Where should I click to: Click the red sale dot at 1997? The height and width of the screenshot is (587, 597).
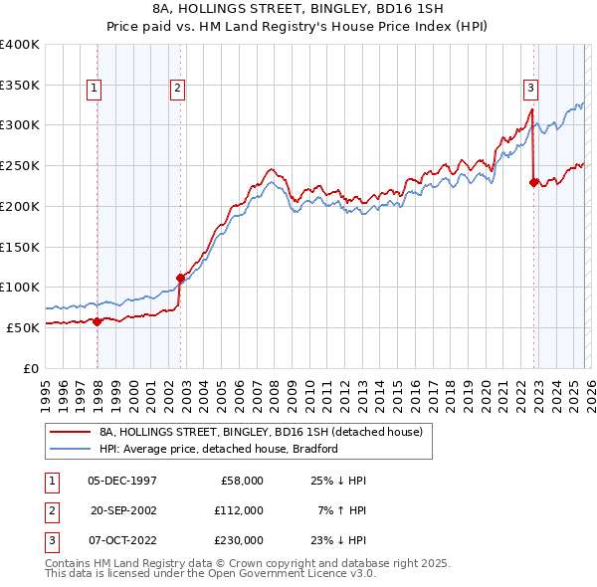(98, 321)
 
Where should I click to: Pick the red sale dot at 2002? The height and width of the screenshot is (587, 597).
(180, 278)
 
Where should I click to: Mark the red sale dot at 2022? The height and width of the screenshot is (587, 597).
(534, 182)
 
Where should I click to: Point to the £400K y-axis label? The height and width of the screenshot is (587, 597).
(20, 45)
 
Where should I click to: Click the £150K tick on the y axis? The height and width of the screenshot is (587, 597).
(20, 247)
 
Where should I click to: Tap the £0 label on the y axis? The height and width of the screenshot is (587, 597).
(31, 368)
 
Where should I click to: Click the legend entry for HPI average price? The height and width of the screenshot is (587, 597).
(219, 449)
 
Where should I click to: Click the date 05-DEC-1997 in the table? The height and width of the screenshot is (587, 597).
(121, 481)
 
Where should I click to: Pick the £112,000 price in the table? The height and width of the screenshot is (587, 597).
(238, 510)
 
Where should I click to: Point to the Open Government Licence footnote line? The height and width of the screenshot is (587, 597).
(210, 573)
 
